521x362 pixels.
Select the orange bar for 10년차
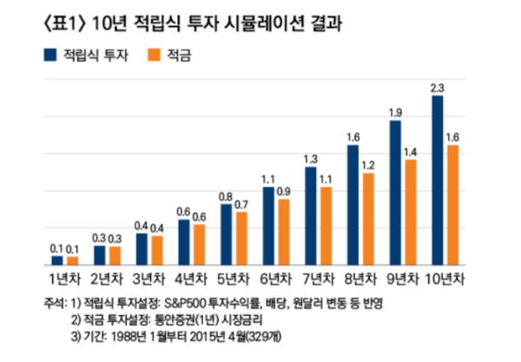pyautogui.click(x=451, y=205)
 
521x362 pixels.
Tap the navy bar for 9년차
pyautogui.click(x=395, y=193)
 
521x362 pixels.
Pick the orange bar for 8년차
pyautogui.click(x=367, y=219)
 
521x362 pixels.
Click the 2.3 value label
pyautogui.click(x=437, y=88)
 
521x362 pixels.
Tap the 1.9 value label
pyautogui.click(x=395, y=113)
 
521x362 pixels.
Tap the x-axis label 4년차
pyautogui.click(x=191, y=280)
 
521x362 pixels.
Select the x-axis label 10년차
pyautogui.click(x=445, y=280)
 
